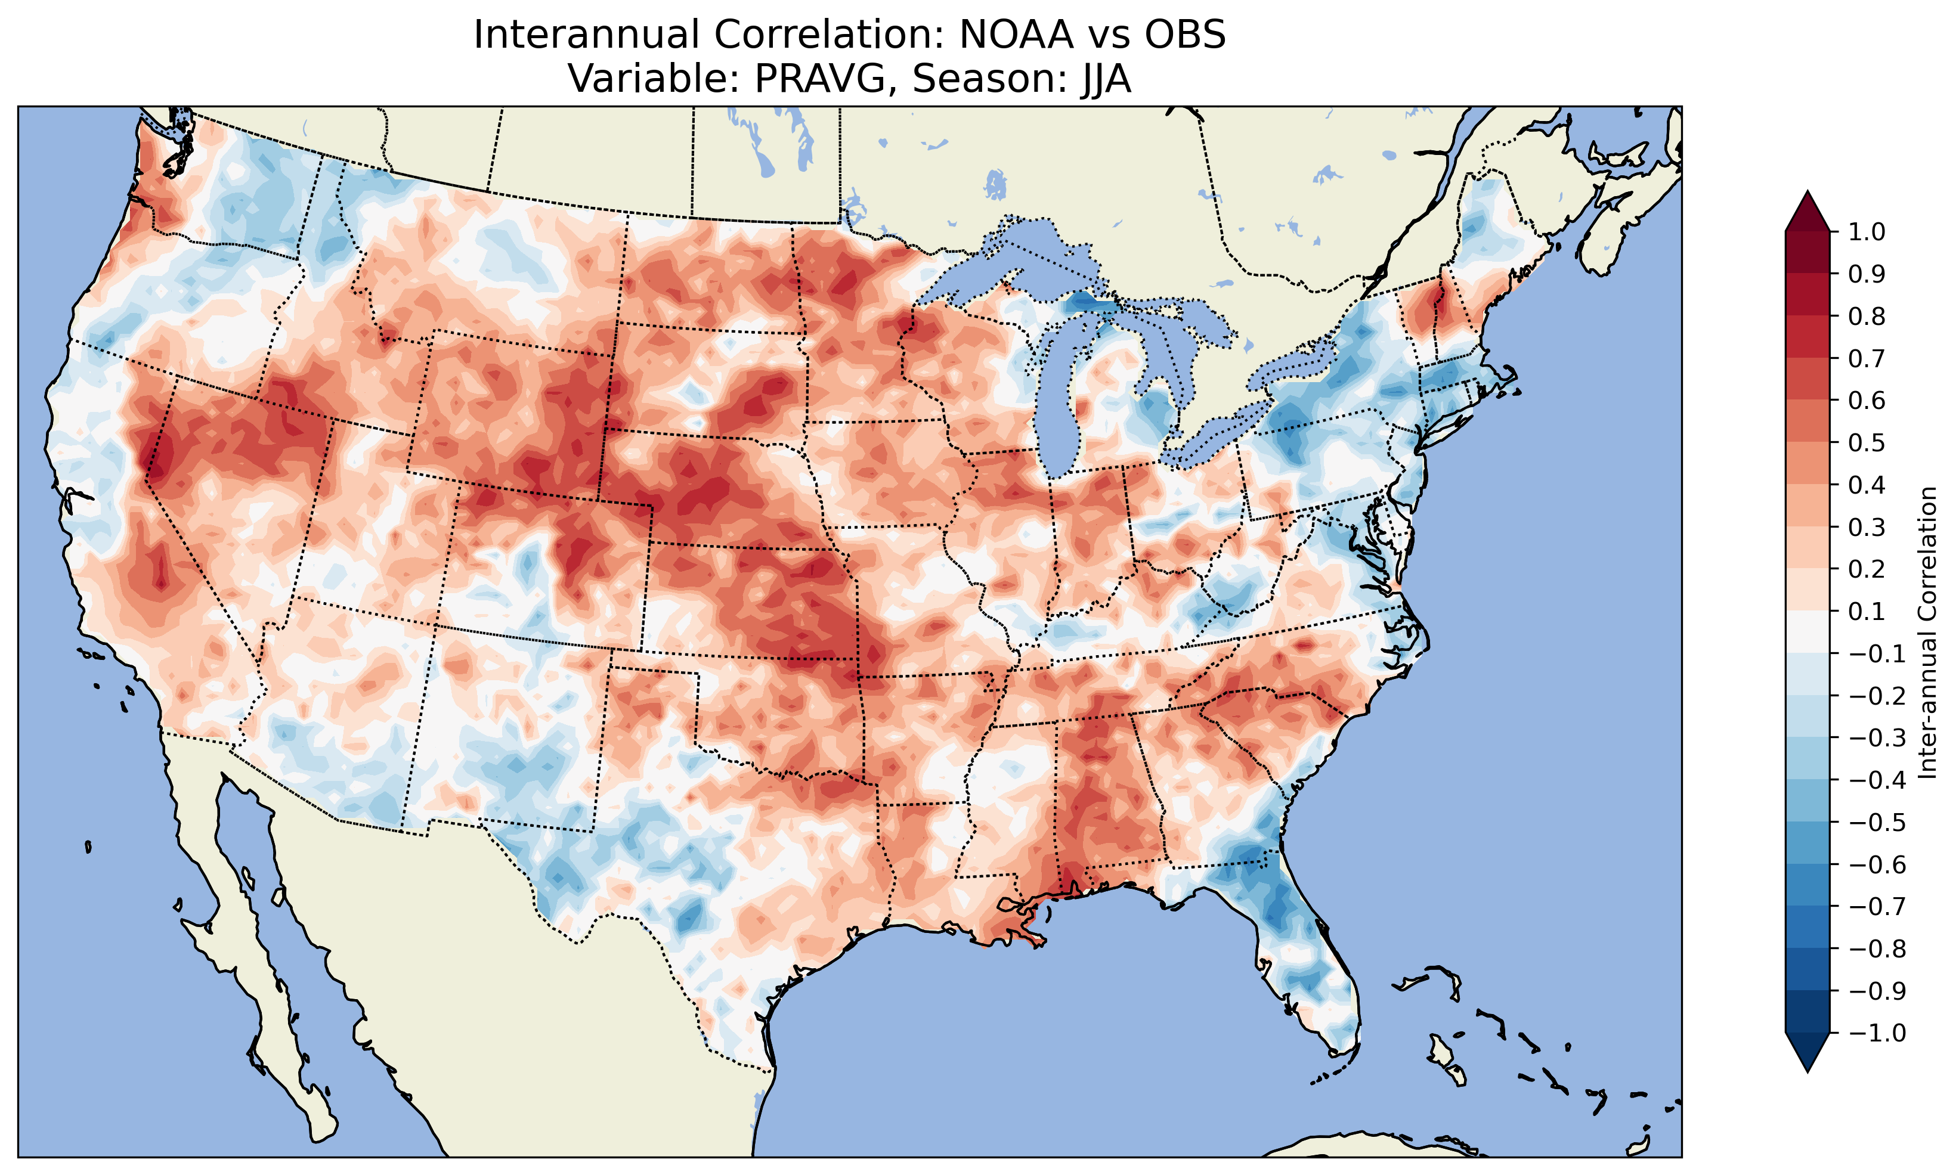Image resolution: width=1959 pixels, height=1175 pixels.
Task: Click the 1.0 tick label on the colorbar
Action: (x=1867, y=232)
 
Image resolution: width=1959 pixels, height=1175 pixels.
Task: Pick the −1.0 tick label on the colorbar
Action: (x=1877, y=1033)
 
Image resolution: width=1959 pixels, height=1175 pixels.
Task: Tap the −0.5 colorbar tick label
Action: (x=1877, y=823)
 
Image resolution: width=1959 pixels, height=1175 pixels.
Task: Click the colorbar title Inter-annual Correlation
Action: (x=1928, y=633)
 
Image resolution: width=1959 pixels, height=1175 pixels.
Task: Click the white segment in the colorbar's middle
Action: (x=1808, y=633)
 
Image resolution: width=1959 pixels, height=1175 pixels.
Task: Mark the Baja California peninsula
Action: (x=261, y=990)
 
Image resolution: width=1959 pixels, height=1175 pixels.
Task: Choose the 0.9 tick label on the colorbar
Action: (x=1867, y=275)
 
